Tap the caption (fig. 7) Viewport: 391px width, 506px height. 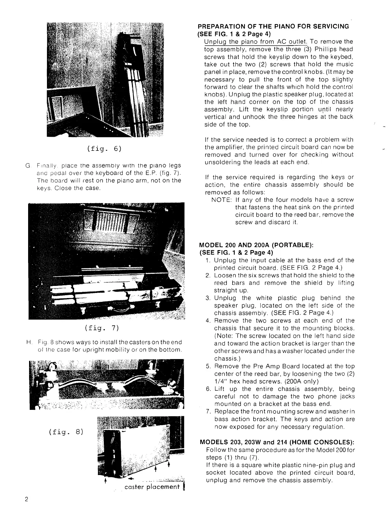pos(102,328)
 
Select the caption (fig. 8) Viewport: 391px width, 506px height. pos(66,432)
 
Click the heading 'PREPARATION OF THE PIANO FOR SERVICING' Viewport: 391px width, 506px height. pos(273,27)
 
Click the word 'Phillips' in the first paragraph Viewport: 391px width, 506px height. pos(326,50)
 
